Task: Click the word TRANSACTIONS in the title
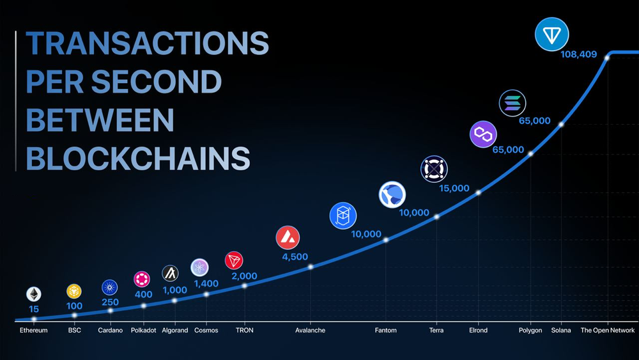click(147, 43)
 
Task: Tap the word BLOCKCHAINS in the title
click(138, 158)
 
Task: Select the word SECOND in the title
click(156, 81)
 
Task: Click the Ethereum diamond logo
click(34, 294)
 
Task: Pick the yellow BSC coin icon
click(74, 292)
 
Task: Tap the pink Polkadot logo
click(142, 279)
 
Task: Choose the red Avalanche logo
click(288, 238)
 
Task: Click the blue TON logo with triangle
click(552, 35)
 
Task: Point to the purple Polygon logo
click(483, 134)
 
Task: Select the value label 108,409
click(579, 54)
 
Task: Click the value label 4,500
click(295, 257)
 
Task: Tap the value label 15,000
click(454, 189)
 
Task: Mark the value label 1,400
click(206, 283)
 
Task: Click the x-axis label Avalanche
click(310, 330)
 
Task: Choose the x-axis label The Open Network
click(608, 330)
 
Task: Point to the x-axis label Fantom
click(385, 330)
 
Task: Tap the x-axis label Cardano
click(110, 330)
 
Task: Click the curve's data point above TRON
click(245, 286)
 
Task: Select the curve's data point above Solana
click(561, 124)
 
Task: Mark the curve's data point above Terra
click(436, 217)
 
